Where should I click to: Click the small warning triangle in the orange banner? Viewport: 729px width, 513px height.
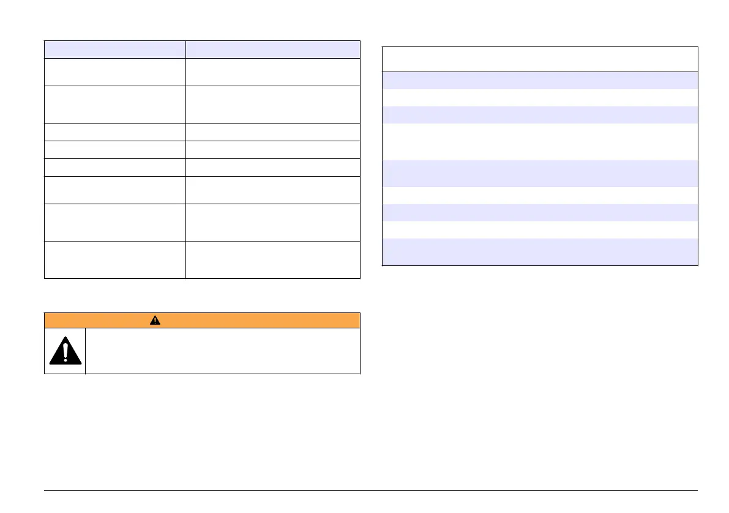(155, 321)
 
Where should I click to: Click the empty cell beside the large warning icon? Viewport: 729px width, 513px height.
(222, 352)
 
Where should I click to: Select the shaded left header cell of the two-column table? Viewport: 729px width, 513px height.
(115, 50)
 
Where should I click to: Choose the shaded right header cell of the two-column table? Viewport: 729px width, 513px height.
(272, 50)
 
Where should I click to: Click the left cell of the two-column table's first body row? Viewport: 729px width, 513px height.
(115, 72)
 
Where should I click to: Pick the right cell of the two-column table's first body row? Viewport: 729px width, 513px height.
(272, 72)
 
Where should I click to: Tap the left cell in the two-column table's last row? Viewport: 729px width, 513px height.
(115, 260)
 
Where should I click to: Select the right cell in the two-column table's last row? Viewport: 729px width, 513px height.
(272, 260)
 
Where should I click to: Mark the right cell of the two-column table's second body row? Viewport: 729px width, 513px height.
(272, 105)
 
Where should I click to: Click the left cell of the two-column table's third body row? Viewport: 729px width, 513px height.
(115, 133)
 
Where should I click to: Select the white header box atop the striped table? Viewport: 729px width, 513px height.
(540, 59)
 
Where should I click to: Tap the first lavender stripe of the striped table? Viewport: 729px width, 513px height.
(540, 81)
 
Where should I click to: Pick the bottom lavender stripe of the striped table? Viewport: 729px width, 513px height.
(540, 251)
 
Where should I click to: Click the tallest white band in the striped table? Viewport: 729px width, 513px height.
(540, 142)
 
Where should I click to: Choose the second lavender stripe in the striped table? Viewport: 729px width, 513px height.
(540, 115)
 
